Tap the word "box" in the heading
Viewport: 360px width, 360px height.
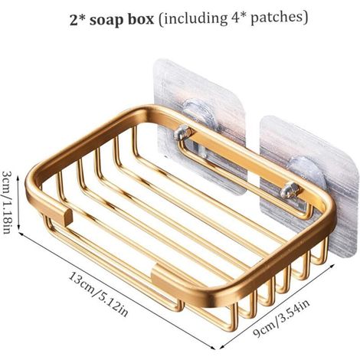click(x=141, y=18)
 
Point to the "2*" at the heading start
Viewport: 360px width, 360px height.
click(x=77, y=19)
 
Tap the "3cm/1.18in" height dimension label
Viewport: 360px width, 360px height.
click(x=7, y=202)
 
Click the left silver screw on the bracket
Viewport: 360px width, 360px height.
click(x=183, y=133)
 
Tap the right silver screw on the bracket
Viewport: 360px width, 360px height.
click(x=290, y=190)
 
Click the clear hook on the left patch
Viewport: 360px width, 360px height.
click(x=198, y=110)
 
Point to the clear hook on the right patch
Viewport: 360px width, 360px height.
click(x=305, y=166)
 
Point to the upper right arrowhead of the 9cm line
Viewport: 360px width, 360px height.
click(x=332, y=266)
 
